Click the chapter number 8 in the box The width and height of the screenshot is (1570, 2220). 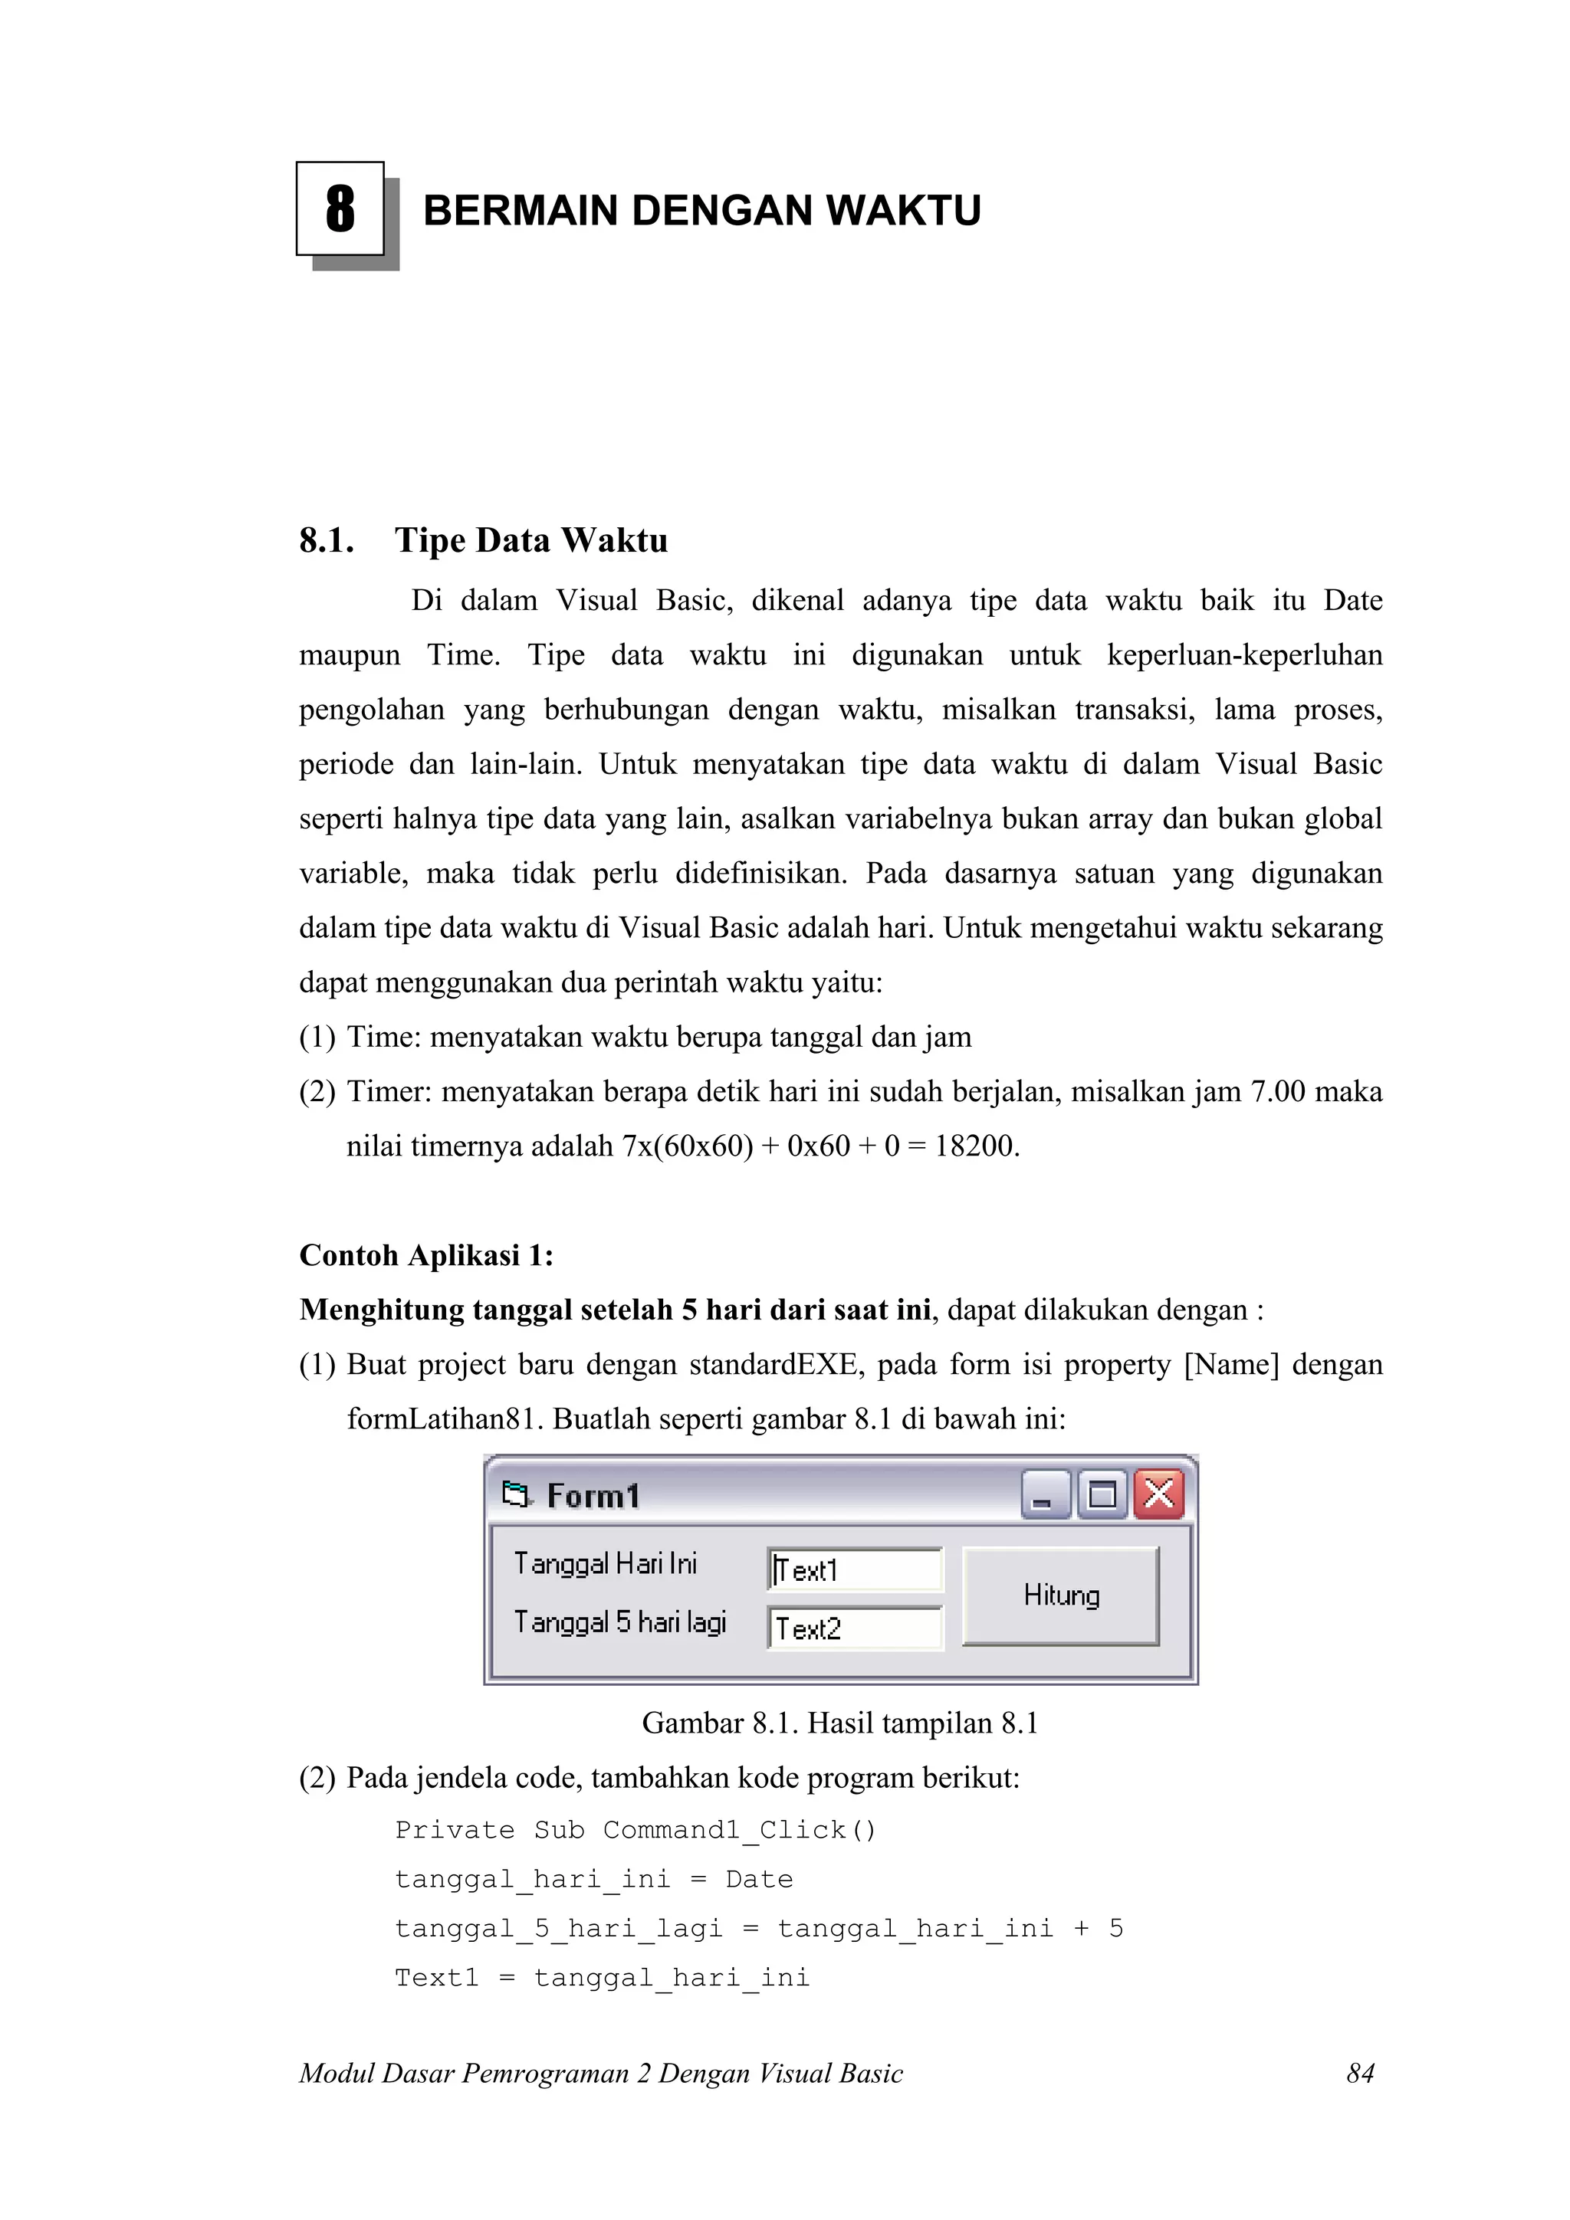(340, 209)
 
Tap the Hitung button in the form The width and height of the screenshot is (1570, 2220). (1061, 1595)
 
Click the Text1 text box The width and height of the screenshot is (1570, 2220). (855, 1569)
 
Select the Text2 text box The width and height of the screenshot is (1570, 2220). (855, 1628)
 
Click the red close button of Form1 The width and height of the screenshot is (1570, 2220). (1159, 1495)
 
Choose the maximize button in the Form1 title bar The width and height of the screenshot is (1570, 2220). (1102, 1495)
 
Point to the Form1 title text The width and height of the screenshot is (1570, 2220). (593, 1496)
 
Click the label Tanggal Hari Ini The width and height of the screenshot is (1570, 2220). (606, 1563)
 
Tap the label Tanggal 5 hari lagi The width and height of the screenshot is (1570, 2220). (620, 1622)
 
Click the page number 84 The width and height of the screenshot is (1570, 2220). (1360, 2073)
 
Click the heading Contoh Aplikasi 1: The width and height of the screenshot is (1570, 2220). (426, 1255)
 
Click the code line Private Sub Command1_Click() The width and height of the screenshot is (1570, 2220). (636, 1831)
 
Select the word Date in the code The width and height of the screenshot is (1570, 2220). (760, 1880)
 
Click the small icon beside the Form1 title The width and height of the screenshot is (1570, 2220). (517, 1495)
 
